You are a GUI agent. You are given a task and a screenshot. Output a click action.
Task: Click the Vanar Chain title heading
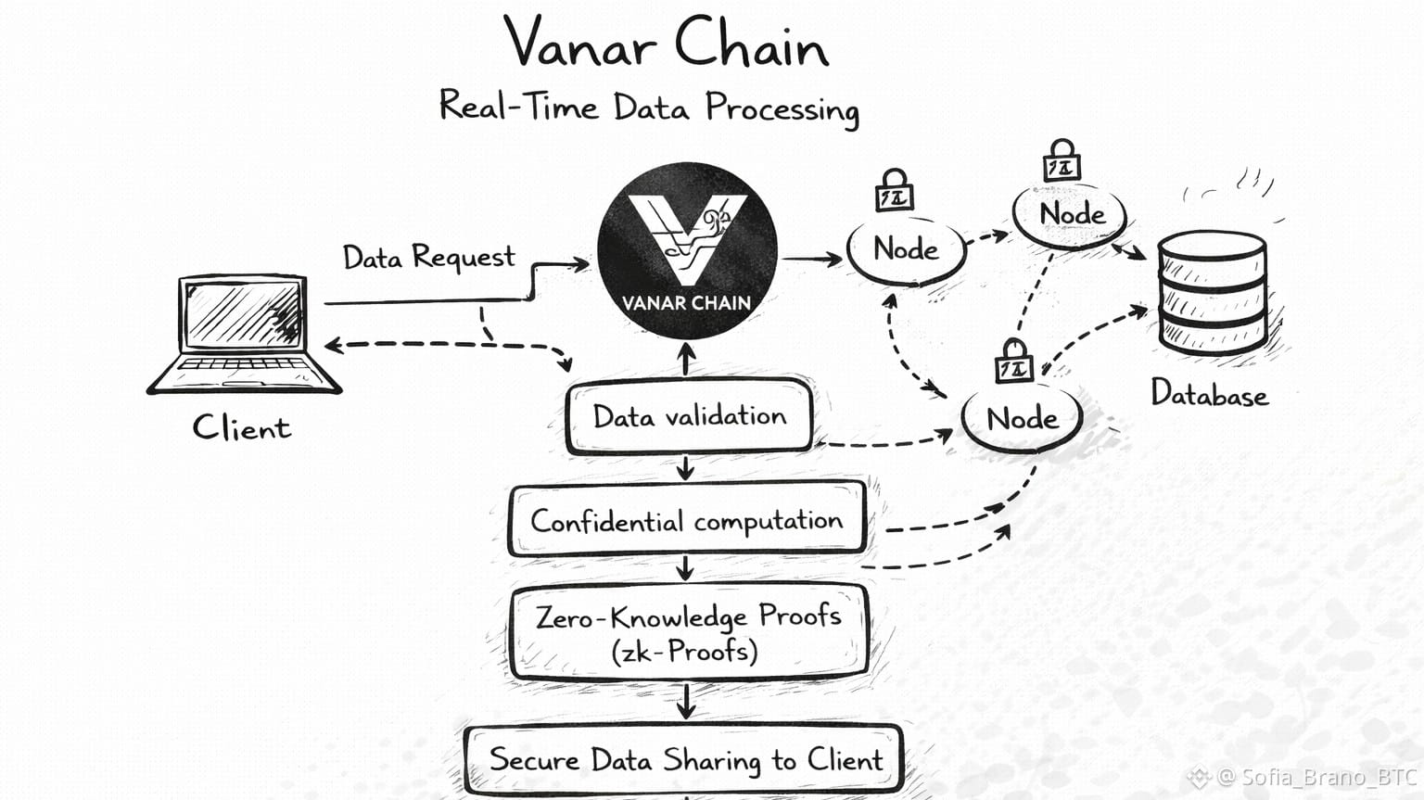click(x=667, y=44)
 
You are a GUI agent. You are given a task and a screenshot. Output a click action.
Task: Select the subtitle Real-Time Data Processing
click(x=649, y=107)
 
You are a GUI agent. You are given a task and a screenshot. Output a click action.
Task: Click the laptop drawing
click(x=245, y=334)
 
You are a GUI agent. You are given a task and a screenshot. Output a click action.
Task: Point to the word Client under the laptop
click(x=241, y=427)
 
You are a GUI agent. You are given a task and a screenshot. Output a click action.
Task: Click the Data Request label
click(x=428, y=257)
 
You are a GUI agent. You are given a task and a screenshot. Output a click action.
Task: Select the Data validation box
click(x=689, y=417)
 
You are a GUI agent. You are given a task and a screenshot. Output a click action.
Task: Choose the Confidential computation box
click(x=687, y=520)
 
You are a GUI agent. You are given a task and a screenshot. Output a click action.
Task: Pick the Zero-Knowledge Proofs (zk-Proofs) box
click(x=688, y=633)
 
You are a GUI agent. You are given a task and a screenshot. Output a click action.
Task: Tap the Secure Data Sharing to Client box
click(x=685, y=760)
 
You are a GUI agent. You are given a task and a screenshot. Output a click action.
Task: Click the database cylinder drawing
click(x=1212, y=292)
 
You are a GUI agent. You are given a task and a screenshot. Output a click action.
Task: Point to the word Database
click(x=1209, y=395)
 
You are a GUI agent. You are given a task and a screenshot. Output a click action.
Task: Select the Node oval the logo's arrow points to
click(x=906, y=249)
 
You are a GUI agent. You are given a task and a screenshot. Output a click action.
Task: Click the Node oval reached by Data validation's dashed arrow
click(x=1022, y=419)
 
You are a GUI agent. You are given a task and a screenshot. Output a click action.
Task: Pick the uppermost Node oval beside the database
click(x=1071, y=214)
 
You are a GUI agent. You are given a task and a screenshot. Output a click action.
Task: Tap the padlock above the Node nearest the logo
click(x=895, y=191)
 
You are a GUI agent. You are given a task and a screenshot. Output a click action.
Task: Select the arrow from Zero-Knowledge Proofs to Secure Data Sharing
click(x=686, y=702)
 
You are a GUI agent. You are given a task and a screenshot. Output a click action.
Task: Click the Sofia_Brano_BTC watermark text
click(x=1317, y=777)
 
